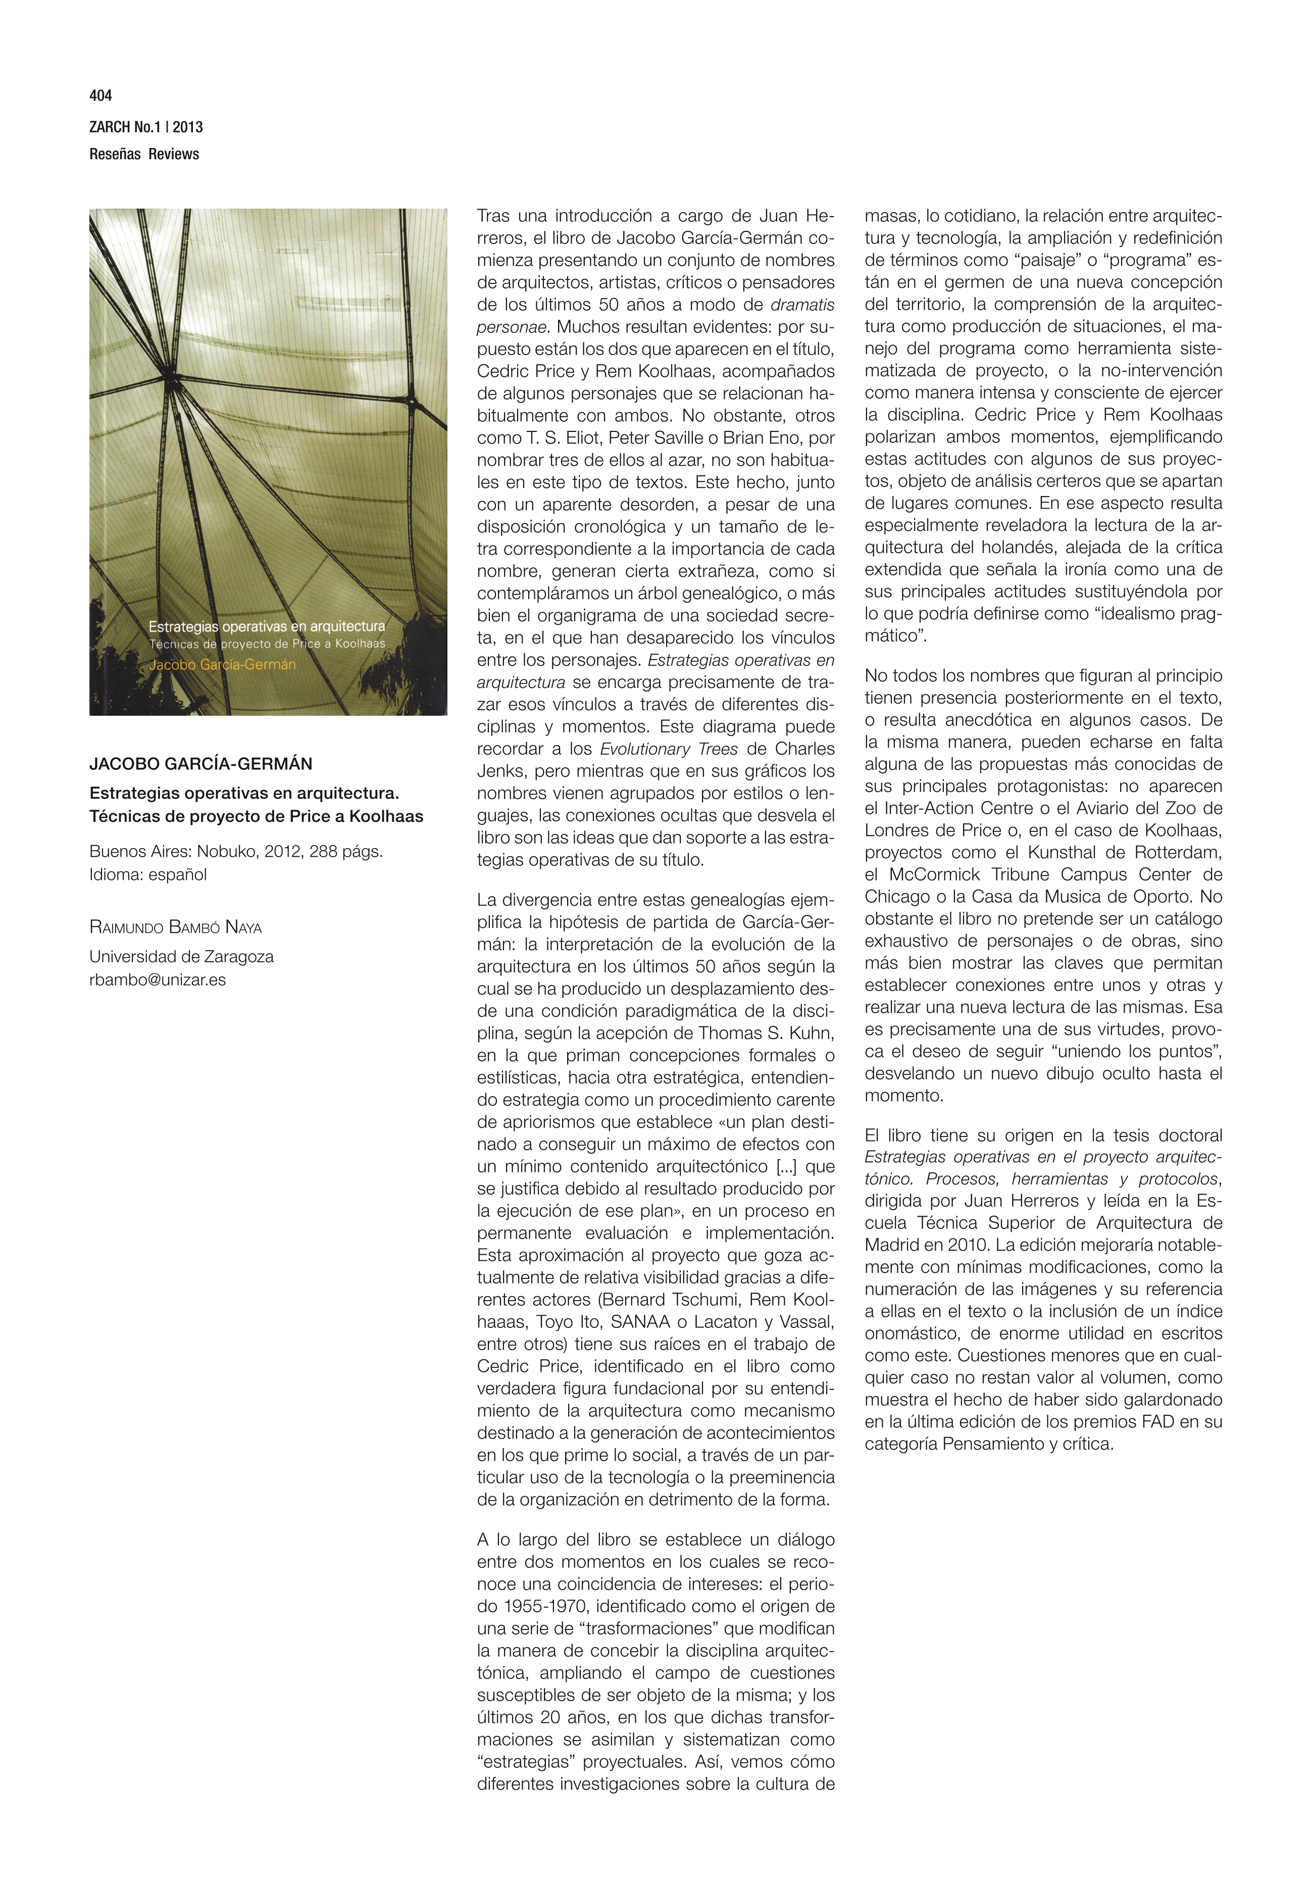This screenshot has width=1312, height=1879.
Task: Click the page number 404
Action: (x=100, y=96)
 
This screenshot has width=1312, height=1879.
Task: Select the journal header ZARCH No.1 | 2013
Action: (x=145, y=127)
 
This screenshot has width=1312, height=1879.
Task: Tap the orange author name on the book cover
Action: (x=222, y=665)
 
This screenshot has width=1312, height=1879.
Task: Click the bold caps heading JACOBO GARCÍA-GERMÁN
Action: (x=200, y=764)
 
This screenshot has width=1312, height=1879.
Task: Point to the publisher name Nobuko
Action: (x=225, y=851)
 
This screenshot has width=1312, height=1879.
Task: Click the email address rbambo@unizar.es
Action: (x=157, y=979)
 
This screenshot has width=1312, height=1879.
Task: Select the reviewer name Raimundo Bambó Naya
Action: (x=175, y=927)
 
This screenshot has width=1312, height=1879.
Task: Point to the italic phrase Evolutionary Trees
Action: (x=669, y=749)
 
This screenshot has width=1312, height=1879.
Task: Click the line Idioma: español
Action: (x=148, y=874)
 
